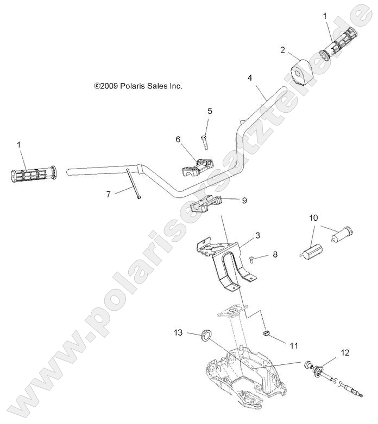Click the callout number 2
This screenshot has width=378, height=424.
pyautogui.click(x=283, y=50)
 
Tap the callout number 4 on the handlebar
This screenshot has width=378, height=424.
pyautogui.click(x=249, y=78)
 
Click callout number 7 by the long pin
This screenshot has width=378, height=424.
pyautogui.click(x=108, y=194)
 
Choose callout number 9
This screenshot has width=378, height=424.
pyautogui.click(x=244, y=200)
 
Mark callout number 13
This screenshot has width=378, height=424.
pyautogui.click(x=178, y=332)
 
